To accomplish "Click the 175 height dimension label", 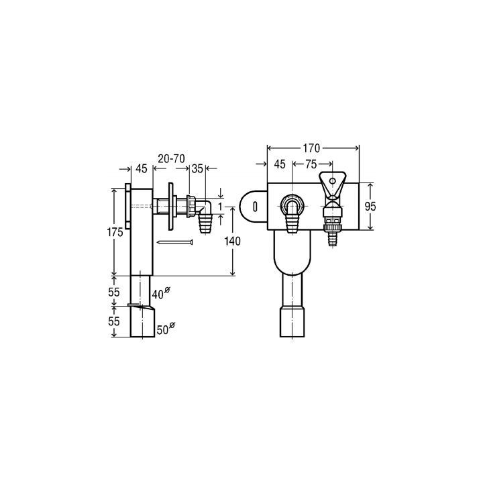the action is [x=115, y=232].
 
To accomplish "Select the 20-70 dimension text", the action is [x=171, y=158].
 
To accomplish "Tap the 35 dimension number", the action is [x=197, y=168].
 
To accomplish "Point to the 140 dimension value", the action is [x=232, y=241].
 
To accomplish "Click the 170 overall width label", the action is [x=311, y=148].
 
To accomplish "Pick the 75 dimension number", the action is [x=311, y=164].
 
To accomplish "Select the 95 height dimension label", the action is [x=370, y=207].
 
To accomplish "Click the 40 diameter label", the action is [x=161, y=293].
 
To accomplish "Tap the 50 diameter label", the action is [x=166, y=329].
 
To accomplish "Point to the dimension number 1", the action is [x=220, y=207].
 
